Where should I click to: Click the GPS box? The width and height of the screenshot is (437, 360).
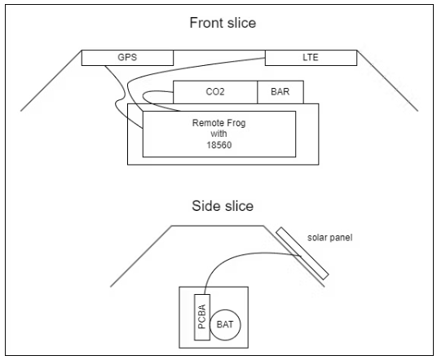pos(127,58)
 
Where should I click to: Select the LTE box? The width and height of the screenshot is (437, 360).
pos(311,58)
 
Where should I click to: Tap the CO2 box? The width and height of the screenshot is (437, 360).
pos(215,92)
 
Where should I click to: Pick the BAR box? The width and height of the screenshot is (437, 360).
pos(280,92)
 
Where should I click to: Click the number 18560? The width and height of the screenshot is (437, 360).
pos(219,145)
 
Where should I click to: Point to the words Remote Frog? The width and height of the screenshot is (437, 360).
pos(219,123)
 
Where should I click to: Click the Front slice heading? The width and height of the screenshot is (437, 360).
pos(223,23)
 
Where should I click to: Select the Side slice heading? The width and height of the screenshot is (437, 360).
pos(223,206)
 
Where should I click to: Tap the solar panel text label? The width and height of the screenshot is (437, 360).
pos(329,238)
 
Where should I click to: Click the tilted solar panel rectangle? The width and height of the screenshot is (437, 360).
pos(302,253)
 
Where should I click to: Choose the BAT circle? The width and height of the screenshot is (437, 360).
pos(225,325)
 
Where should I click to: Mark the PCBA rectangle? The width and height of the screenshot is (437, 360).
pos(202,317)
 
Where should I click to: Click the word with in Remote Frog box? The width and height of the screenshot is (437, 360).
pos(218,134)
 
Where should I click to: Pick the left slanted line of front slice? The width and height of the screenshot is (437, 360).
pos(51,81)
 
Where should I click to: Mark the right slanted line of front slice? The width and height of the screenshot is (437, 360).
pos(387,81)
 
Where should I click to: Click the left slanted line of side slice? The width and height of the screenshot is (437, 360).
pos(141,256)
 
